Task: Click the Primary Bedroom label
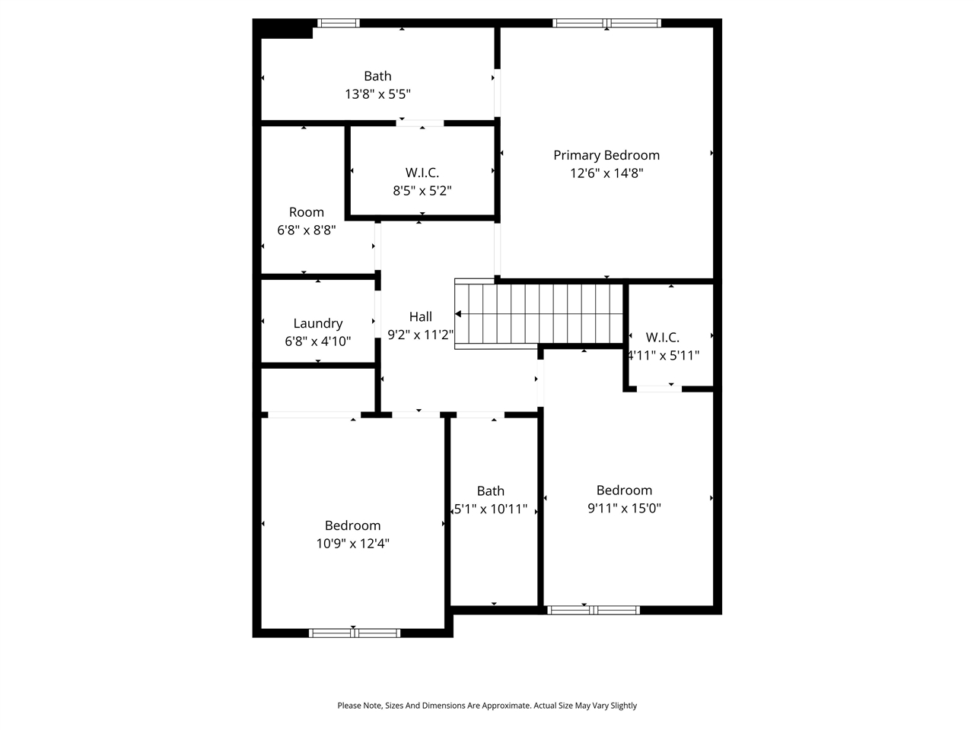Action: pyautogui.click(x=606, y=155)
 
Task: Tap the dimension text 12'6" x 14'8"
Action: pyautogui.click(x=606, y=173)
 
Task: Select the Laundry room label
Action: pyautogui.click(x=318, y=324)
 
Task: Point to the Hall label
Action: pyautogui.click(x=421, y=317)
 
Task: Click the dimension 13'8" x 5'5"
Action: pyautogui.click(x=378, y=94)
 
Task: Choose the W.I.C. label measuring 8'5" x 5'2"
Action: pyautogui.click(x=422, y=173)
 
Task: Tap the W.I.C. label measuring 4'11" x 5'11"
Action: pyautogui.click(x=663, y=337)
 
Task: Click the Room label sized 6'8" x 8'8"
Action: pyautogui.click(x=307, y=212)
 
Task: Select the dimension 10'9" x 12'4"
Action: pyautogui.click(x=353, y=544)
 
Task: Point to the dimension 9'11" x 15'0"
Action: pyautogui.click(x=624, y=509)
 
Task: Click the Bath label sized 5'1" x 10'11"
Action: pyautogui.click(x=491, y=491)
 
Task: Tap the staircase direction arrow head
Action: pyautogui.click(x=458, y=313)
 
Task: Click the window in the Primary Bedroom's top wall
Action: pyautogui.click(x=606, y=23)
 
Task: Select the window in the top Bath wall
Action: pyautogui.click(x=338, y=23)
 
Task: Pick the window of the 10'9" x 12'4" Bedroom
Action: pyautogui.click(x=355, y=633)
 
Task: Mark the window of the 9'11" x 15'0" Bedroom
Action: pyautogui.click(x=594, y=610)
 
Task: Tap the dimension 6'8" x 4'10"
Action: pyautogui.click(x=318, y=341)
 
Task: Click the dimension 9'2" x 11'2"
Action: pyautogui.click(x=421, y=335)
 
